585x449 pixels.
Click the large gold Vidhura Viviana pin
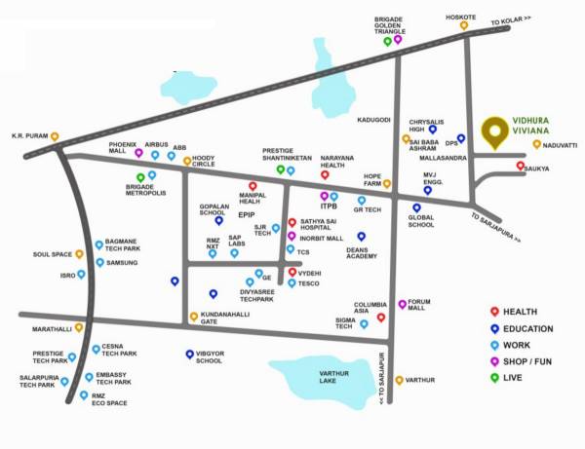[x=497, y=133]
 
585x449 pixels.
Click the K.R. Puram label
[x=29, y=136]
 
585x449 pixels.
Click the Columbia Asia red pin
[x=381, y=317]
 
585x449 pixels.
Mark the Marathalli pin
[x=79, y=327]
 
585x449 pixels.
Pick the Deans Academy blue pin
[x=361, y=236]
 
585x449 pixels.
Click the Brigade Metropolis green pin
[x=140, y=177]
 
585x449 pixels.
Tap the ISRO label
[x=67, y=276]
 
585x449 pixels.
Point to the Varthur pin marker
[x=399, y=379]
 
